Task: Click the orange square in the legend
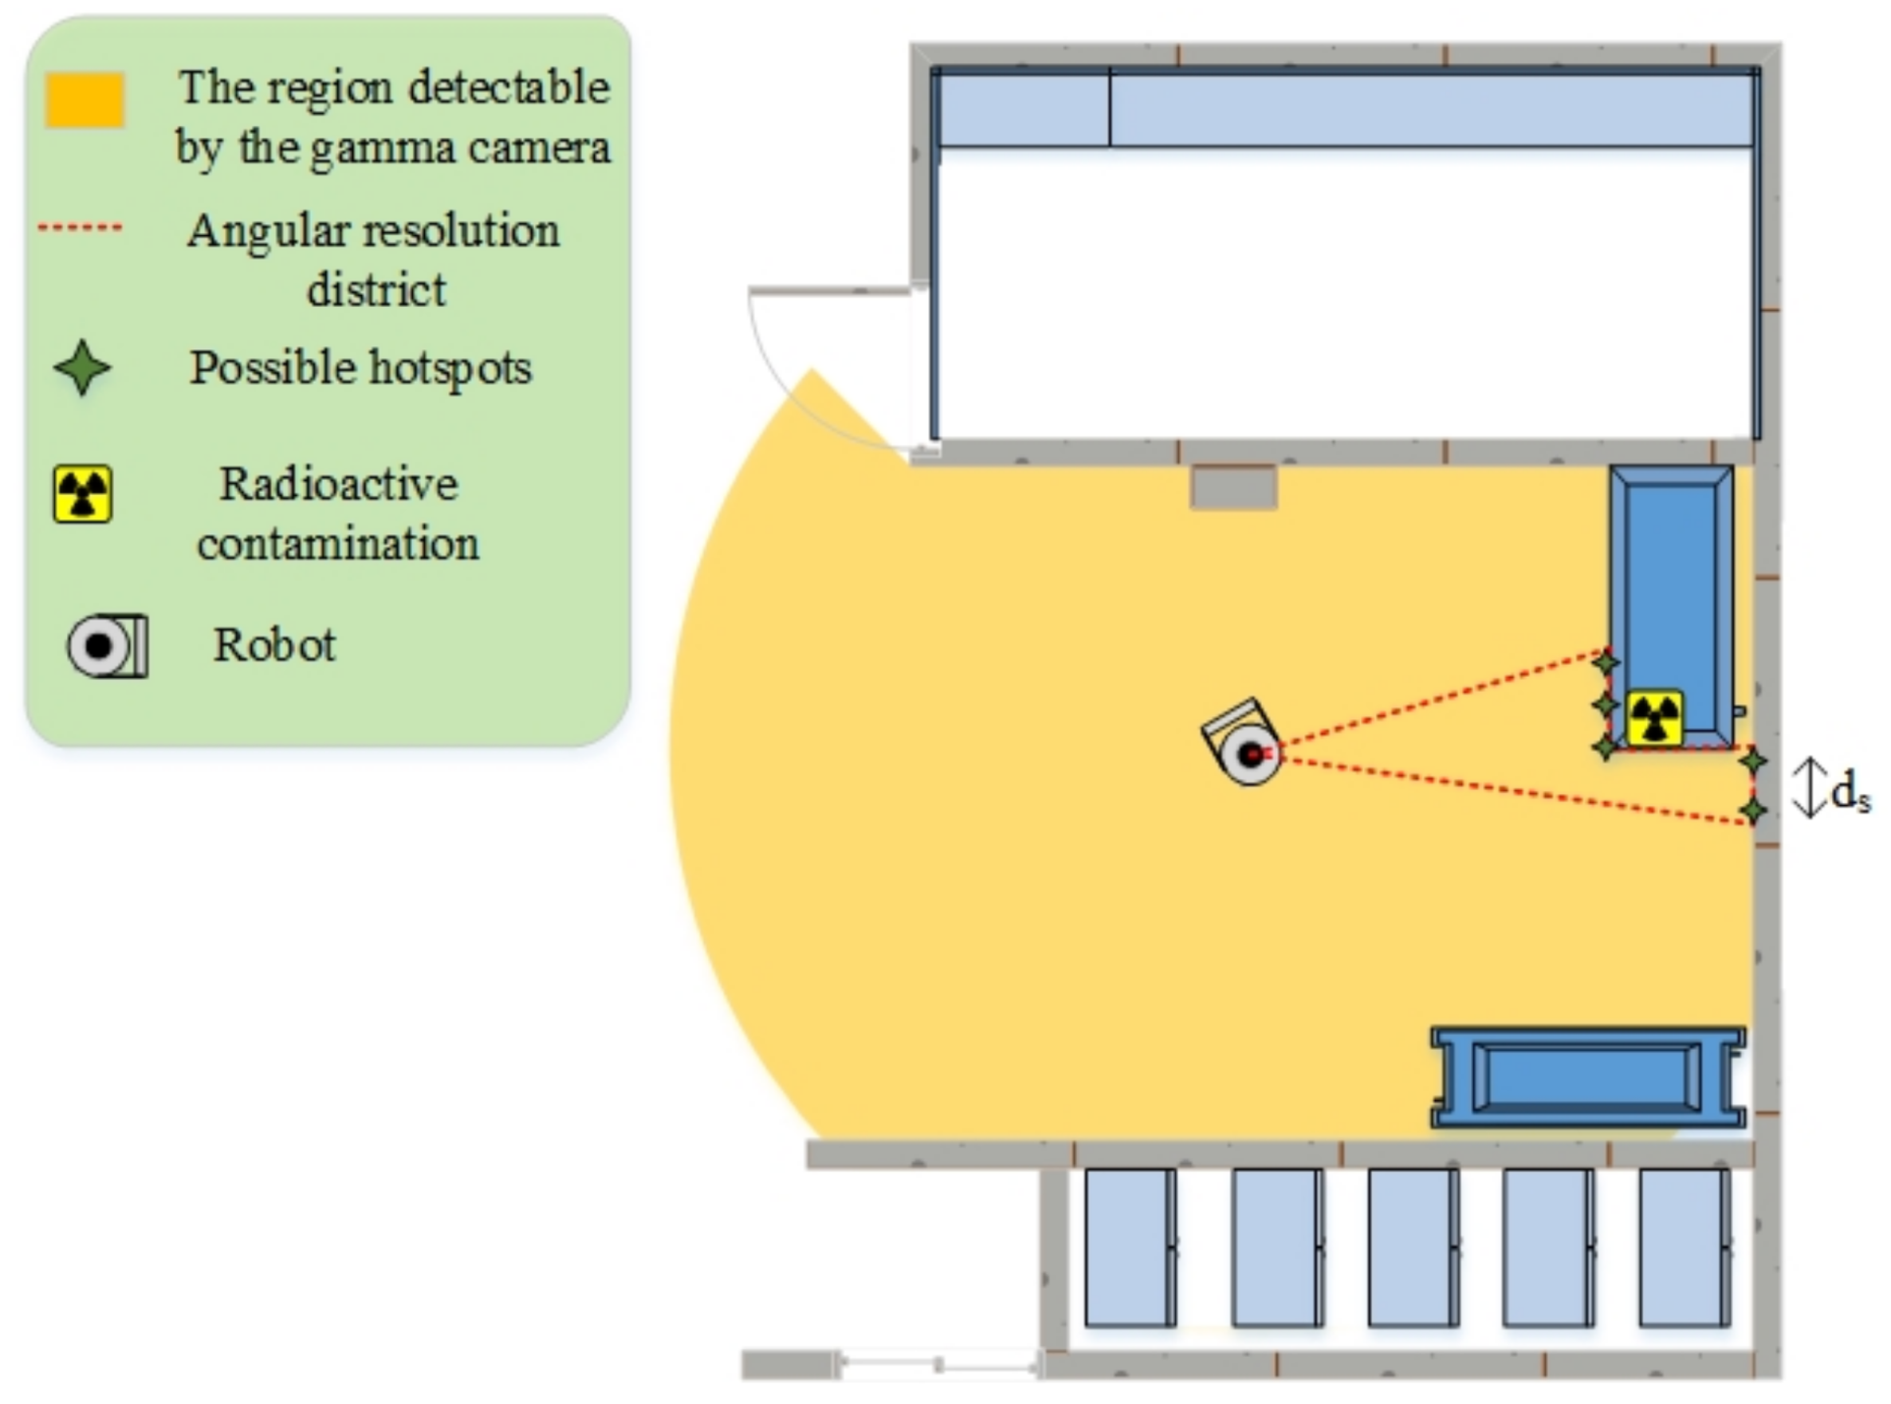(x=85, y=99)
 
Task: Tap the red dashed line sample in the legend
(x=81, y=228)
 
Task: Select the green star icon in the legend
(x=83, y=368)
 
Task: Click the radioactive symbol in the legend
(x=83, y=494)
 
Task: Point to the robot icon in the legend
(x=107, y=646)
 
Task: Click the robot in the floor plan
(x=1245, y=746)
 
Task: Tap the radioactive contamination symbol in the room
(x=1655, y=718)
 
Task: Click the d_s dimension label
(x=1850, y=791)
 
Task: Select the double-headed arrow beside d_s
(x=1808, y=787)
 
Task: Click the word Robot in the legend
(x=274, y=645)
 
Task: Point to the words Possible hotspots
(x=360, y=368)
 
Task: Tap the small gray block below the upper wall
(x=1233, y=488)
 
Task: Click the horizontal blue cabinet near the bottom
(x=1587, y=1077)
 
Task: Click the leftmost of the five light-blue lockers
(x=1130, y=1247)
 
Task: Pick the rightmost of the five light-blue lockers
(x=1684, y=1247)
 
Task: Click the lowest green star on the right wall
(x=1753, y=811)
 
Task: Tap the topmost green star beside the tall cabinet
(x=1606, y=663)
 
